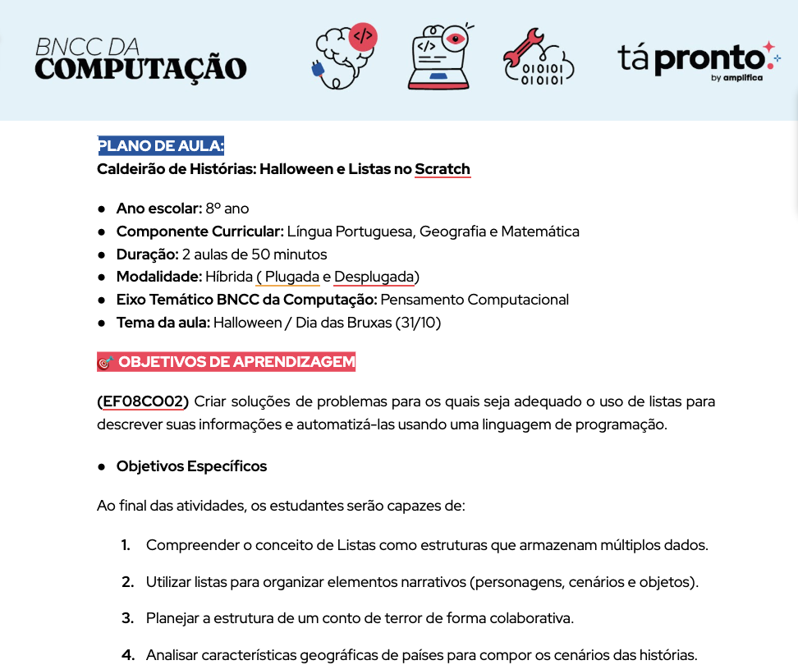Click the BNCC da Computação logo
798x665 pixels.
[140, 58]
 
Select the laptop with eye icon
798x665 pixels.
[438, 56]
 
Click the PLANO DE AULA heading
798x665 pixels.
[161, 146]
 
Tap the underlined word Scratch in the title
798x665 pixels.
[443, 170]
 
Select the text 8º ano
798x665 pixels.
[227, 209]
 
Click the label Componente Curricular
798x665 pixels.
[199, 232]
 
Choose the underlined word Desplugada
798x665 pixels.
[376, 277]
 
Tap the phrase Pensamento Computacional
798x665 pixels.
[475, 300]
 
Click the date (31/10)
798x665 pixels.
[419, 323]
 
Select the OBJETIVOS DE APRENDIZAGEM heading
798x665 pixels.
[236, 362]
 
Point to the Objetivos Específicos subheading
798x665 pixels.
[191, 466]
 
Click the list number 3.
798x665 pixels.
[127, 617]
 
